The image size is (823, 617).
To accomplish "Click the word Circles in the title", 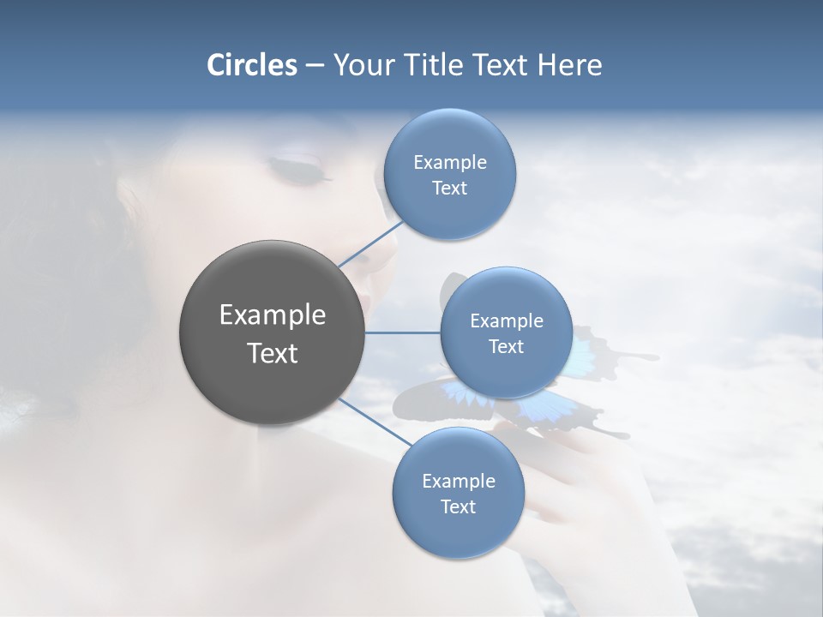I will [x=251, y=65].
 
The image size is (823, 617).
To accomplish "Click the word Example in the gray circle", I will [x=272, y=315].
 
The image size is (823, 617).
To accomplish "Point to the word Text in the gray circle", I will [x=272, y=353].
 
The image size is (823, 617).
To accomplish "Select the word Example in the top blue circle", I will [x=450, y=163].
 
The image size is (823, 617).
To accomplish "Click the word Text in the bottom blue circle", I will [x=458, y=507].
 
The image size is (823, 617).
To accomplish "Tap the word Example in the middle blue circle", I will [x=507, y=321].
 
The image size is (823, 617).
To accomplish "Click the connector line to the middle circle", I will [x=403, y=332].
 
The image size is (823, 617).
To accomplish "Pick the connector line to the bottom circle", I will [x=374, y=421].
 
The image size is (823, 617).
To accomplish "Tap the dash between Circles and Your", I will [x=315, y=66].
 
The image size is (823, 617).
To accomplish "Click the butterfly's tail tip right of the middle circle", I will [x=652, y=356].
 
